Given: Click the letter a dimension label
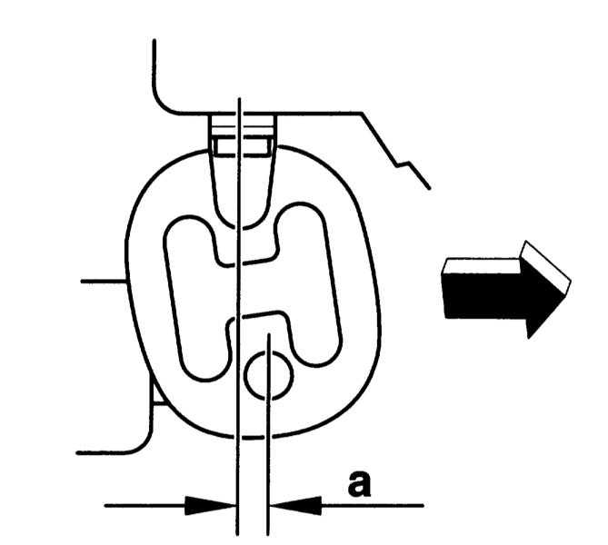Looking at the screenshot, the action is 360,484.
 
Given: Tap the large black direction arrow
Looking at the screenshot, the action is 504,290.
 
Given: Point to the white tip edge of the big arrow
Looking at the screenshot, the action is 546,266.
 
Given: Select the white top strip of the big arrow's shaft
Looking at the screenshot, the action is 482,266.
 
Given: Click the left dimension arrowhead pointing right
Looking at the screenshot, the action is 210,505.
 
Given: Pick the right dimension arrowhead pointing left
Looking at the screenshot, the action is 296,505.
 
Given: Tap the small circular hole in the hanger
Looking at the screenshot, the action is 269,375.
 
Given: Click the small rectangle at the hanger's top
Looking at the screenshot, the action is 243,147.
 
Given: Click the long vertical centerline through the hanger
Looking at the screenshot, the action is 239,317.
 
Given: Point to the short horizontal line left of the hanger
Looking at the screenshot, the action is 104,281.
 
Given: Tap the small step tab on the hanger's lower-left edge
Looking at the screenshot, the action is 156,395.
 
